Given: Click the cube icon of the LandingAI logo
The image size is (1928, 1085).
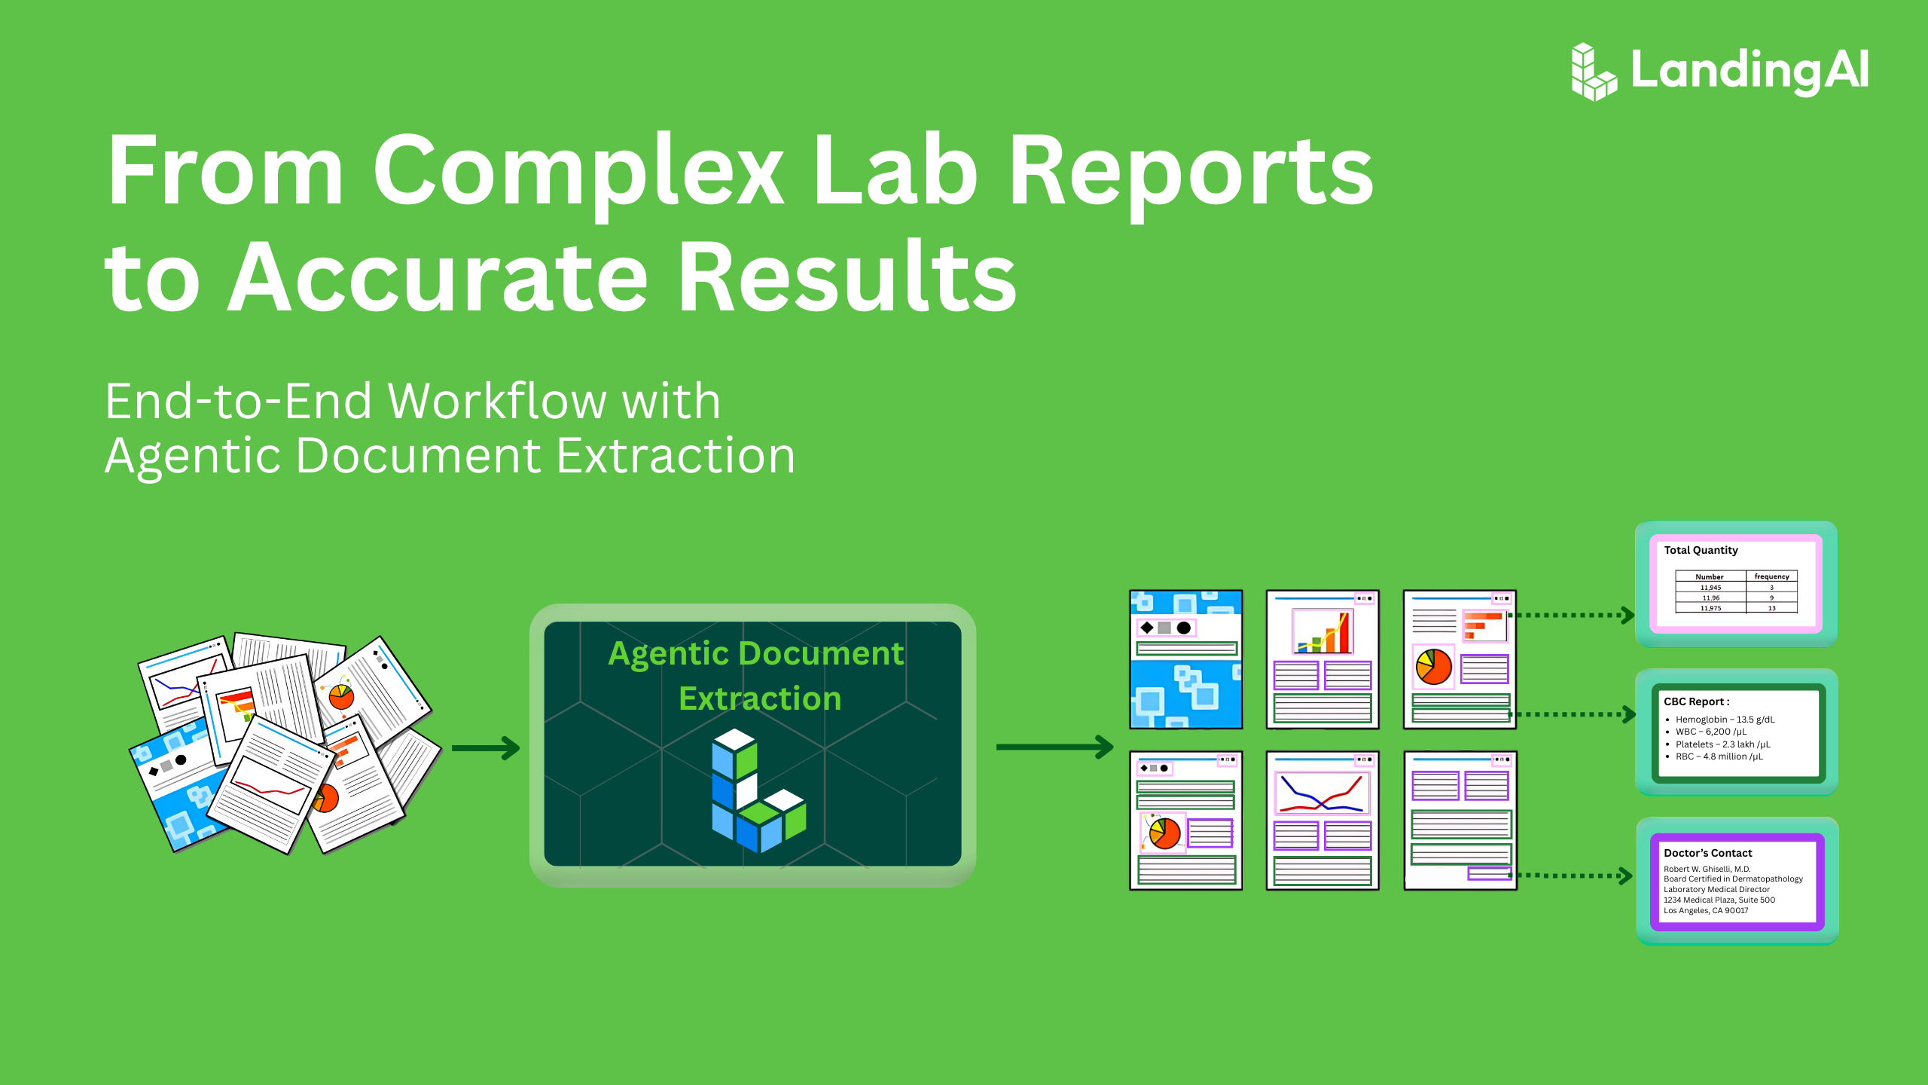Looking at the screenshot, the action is click(1594, 72).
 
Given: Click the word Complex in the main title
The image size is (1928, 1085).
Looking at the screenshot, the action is click(578, 172).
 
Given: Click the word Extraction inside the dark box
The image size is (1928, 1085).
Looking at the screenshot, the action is click(760, 698).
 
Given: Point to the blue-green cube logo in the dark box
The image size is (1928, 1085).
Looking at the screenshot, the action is click(758, 790).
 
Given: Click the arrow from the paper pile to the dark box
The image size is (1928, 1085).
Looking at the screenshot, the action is click(486, 748).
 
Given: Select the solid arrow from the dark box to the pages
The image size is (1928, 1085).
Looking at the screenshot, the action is click(1054, 747).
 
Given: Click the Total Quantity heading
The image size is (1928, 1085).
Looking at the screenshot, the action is click(1701, 550).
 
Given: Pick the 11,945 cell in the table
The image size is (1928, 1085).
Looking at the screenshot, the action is click(1710, 587).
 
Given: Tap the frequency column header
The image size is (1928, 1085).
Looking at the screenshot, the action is click(1771, 576).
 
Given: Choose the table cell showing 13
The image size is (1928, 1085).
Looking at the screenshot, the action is click(1772, 608).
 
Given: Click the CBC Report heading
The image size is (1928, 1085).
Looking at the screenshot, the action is click(1696, 701).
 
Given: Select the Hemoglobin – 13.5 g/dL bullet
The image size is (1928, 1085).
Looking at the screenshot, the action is click(1725, 720).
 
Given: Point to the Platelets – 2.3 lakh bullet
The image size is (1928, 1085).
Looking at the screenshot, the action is click(1722, 744).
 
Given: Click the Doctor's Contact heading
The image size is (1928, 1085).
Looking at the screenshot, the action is click(1707, 853).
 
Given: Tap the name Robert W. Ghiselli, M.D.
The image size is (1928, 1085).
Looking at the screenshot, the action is click(1707, 869).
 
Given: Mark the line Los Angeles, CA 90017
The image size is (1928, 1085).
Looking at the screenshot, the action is click(1706, 910).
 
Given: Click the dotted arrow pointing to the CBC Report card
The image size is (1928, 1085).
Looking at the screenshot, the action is click(1573, 714).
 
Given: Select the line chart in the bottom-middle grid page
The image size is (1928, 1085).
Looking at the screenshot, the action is click(1322, 793).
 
